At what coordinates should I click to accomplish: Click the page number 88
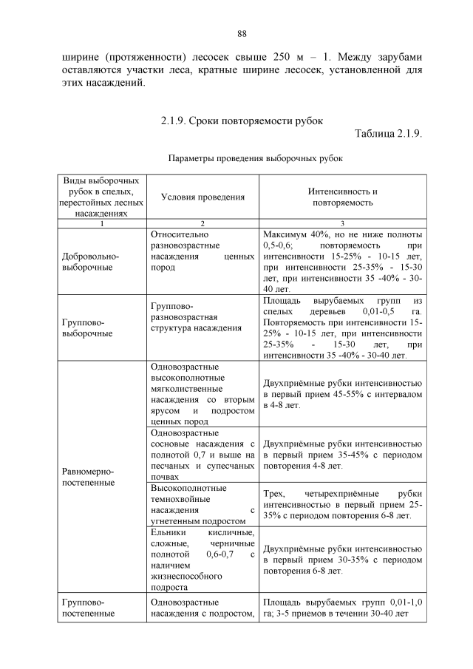241,34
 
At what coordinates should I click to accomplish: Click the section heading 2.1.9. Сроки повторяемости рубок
242,120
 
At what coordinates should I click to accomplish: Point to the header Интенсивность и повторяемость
342,196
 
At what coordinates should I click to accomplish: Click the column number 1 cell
102,223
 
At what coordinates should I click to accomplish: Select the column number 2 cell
202,223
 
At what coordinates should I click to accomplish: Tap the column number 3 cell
342,223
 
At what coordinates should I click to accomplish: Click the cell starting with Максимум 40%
342,262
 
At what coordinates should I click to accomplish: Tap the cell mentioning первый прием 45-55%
342,394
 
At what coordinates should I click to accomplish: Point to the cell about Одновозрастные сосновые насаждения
202,454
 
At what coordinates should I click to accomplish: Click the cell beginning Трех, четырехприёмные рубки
342,504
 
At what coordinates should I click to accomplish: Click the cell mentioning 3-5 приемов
342,608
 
